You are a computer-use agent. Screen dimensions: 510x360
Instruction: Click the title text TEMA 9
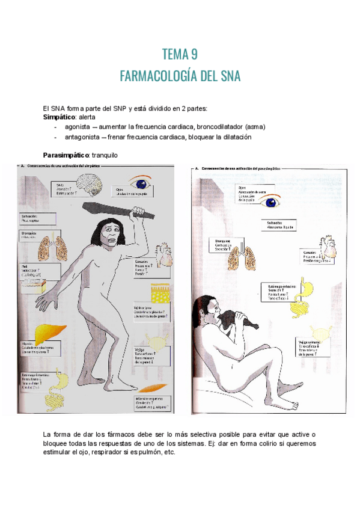[180, 55]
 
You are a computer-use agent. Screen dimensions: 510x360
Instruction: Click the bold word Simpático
[59, 117]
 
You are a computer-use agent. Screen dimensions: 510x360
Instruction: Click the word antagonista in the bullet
[82, 137]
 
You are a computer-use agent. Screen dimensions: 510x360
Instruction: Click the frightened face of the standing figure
[108, 233]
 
